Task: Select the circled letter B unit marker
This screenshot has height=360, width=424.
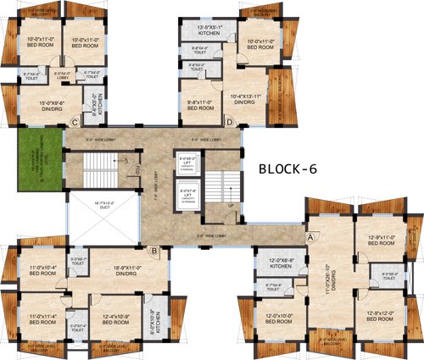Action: click(153, 250)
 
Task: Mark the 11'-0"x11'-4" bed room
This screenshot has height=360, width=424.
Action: click(35, 319)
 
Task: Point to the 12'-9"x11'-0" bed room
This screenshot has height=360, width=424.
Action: click(380, 241)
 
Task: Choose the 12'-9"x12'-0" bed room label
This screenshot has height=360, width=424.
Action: click(380, 316)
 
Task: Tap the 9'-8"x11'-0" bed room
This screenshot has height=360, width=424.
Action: click(200, 106)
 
